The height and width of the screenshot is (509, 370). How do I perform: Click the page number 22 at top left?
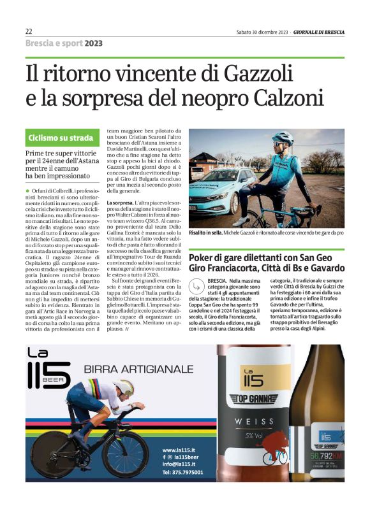[29, 31]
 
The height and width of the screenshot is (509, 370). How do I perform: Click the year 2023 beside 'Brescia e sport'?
[93, 43]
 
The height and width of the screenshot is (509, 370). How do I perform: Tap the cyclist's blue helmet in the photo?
[282, 138]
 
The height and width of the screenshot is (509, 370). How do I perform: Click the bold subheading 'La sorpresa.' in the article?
[120, 202]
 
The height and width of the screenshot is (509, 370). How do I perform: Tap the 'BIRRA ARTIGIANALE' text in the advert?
[138, 369]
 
